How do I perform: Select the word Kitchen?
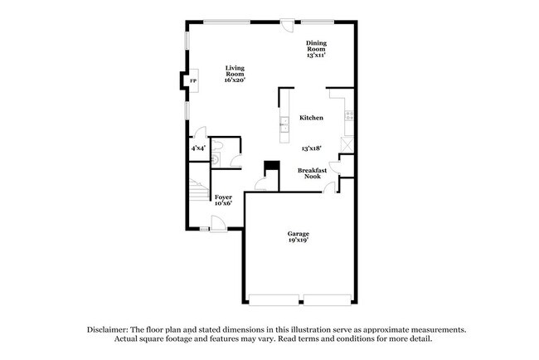tap(311, 118)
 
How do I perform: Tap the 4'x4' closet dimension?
tap(198, 148)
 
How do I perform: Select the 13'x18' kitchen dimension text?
tap(311, 148)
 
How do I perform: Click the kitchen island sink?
tap(284, 124)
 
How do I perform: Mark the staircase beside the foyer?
tap(197, 194)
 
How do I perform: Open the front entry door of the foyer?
tap(218, 221)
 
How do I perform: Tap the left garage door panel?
tap(274, 299)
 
